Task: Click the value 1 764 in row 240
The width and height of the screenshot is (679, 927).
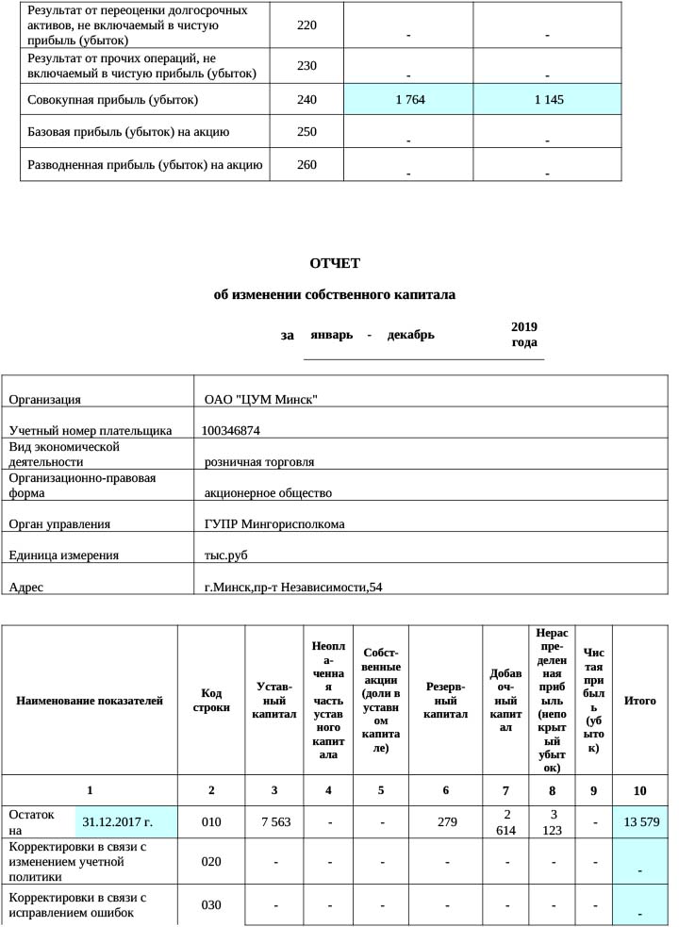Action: coord(408,99)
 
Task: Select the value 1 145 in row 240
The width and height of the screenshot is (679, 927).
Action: coord(547,99)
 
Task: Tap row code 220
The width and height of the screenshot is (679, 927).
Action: coord(306,25)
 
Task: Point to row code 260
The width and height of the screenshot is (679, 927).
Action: coord(306,165)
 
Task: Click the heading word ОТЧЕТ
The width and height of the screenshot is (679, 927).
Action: coord(335,263)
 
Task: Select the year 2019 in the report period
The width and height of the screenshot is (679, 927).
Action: coord(523,326)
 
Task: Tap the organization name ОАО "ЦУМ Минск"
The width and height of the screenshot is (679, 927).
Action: coord(260,399)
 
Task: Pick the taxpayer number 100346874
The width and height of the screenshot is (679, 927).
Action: coord(231,430)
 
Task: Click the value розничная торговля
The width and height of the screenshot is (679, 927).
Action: coord(259,462)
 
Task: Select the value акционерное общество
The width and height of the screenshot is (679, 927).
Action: coord(268,492)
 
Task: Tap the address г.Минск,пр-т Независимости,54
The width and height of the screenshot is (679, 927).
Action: coord(293,588)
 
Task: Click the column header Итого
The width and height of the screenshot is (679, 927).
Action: coord(640,701)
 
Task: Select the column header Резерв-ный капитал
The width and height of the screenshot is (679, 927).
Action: coord(445,701)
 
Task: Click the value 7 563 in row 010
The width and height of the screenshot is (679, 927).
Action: coord(274,822)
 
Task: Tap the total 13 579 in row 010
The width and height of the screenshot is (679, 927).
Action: coord(640,822)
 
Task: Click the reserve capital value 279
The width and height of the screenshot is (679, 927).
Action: coord(447,822)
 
